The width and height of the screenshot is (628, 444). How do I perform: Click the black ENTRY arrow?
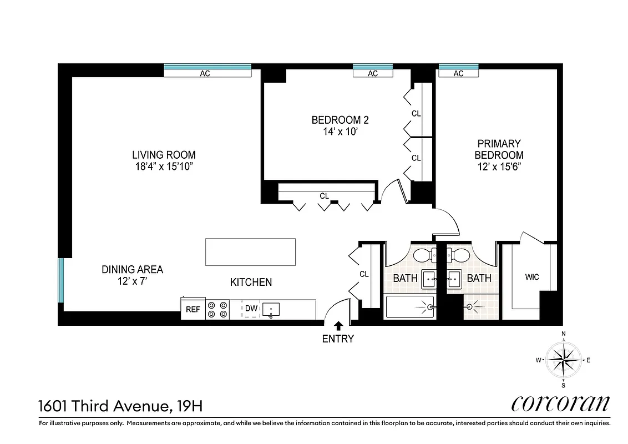tap(338, 326)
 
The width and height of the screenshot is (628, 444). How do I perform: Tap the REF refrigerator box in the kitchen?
tap(193, 309)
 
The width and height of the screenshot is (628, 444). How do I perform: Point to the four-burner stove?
tap(217, 309)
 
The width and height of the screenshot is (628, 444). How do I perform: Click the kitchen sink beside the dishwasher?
tap(271, 309)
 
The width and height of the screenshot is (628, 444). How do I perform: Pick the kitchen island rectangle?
tap(250, 252)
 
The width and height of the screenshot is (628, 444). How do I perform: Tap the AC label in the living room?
tap(205, 73)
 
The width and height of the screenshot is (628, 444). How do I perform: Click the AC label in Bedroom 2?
tap(373, 73)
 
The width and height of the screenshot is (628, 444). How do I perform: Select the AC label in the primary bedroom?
tap(458, 73)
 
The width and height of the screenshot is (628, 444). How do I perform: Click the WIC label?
tap(531, 277)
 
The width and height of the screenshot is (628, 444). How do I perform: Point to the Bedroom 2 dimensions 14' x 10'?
tap(340, 131)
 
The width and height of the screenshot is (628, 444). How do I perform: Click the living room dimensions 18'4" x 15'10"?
tap(164, 167)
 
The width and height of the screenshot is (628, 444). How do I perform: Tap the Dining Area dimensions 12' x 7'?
tap(132, 281)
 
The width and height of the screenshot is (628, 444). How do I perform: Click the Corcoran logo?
tap(560, 403)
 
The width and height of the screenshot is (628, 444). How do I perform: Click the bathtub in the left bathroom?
tap(409, 306)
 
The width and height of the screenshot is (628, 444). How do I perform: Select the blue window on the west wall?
tap(62, 280)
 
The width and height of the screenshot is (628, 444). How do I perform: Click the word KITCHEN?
tap(251, 282)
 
